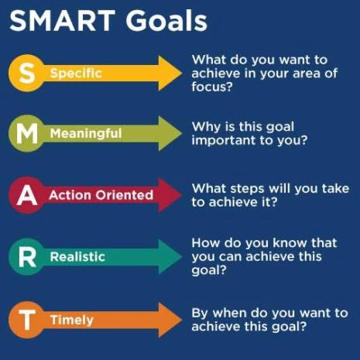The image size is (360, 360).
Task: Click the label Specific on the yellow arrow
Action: tap(76, 74)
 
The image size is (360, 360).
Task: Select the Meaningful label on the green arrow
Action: tap(86, 133)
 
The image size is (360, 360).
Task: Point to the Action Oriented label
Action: tap(101, 194)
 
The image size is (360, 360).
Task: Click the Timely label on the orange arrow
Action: tap(71, 319)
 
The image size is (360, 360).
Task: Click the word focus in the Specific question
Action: tap(211, 87)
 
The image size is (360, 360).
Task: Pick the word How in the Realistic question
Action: tap(205, 242)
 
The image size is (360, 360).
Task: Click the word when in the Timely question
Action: tap(230, 313)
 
